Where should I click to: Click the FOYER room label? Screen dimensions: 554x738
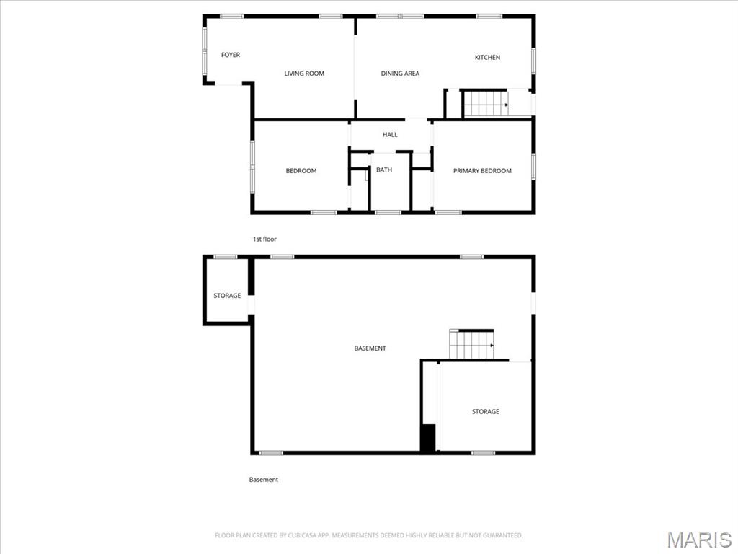point(230,55)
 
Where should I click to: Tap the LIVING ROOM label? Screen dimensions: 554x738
point(304,74)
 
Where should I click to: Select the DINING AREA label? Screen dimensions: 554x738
point(400,74)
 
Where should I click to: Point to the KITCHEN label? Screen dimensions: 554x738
point(487,58)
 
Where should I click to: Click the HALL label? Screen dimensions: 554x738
point(390,135)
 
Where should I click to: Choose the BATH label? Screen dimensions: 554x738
point(384,170)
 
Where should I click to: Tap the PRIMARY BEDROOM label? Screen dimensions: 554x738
point(482,171)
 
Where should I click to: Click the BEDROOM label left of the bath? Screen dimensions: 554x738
point(301,171)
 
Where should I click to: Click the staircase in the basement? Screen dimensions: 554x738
point(472,345)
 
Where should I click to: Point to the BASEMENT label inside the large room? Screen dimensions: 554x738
point(370,348)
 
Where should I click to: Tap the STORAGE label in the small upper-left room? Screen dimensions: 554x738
point(227,296)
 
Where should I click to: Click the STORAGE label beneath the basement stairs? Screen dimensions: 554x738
point(485,412)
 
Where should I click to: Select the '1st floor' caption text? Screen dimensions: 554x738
point(264,239)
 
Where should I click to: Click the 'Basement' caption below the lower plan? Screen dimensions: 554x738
point(264,480)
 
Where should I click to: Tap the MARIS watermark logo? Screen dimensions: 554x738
point(698,540)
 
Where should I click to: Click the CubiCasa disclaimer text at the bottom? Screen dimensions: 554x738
point(368,535)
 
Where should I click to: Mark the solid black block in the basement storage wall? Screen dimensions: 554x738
point(428,439)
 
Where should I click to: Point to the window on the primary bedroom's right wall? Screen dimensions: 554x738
point(533,165)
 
